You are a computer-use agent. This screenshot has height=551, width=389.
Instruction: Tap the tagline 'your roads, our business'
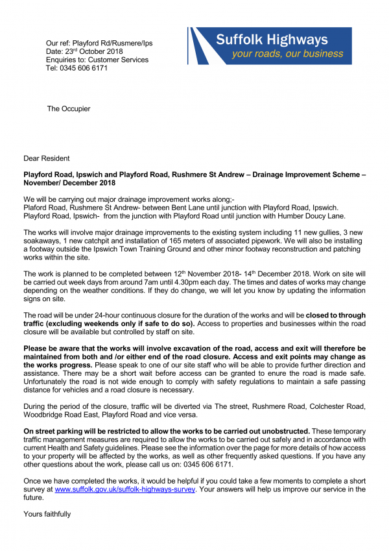point(287,53)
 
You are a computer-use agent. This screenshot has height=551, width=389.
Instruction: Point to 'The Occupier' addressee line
point(68,108)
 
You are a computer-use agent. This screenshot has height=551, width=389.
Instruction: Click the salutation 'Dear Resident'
point(47,158)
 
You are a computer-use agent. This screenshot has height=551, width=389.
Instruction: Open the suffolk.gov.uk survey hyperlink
point(124,490)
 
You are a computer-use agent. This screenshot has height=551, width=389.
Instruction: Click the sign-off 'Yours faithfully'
point(47,514)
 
